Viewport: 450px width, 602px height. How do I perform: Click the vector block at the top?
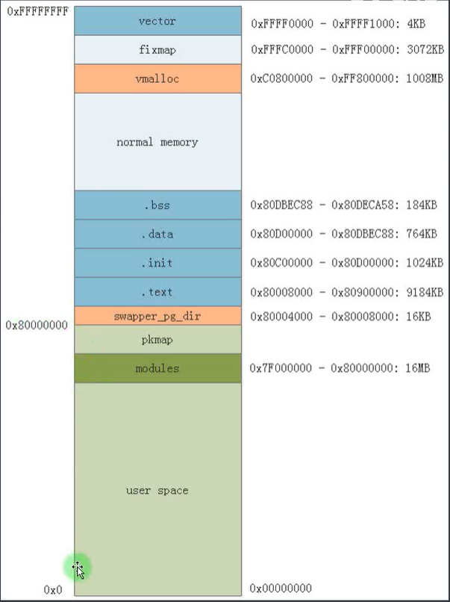point(157,21)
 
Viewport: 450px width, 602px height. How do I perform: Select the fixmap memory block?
point(157,49)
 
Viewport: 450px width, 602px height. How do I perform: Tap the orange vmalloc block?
point(157,78)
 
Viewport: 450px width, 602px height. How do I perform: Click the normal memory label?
point(157,142)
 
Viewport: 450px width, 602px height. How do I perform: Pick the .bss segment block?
point(157,205)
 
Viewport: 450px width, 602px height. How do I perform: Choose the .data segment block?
point(157,234)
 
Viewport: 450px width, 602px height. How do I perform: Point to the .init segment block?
point(157,263)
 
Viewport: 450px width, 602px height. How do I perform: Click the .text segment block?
point(157,292)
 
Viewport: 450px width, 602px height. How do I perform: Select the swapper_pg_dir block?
point(157,316)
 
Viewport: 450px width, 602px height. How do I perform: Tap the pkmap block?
point(157,340)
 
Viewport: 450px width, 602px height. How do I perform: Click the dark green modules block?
point(157,368)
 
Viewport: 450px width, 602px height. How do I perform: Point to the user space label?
point(157,490)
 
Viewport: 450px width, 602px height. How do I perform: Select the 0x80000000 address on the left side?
point(37,326)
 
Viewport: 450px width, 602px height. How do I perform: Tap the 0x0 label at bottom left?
point(54,590)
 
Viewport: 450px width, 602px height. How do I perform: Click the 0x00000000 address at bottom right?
point(281,589)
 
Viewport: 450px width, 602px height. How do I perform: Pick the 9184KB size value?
point(426,292)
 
